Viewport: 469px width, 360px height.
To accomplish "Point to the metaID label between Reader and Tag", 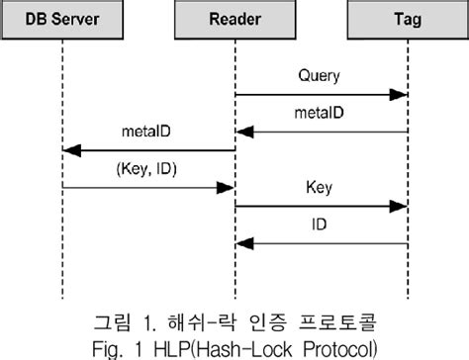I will [x=320, y=113].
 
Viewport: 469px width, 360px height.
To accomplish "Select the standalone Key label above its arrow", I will [x=319, y=186].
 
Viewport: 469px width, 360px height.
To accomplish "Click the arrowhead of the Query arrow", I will [x=401, y=95].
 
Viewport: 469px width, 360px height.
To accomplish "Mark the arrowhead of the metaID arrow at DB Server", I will [x=69, y=151].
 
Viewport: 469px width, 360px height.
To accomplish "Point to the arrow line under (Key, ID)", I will [x=148, y=188].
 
